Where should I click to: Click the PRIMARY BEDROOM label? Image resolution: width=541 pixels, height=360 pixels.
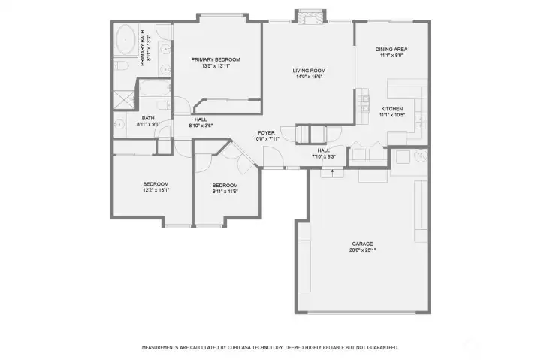point(215,59)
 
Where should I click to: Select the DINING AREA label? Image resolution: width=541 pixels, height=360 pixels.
point(391,50)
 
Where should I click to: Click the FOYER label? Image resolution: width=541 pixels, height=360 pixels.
point(266,132)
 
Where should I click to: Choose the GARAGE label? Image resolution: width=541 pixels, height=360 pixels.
point(363,244)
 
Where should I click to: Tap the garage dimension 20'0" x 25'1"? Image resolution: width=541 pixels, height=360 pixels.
point(363,250)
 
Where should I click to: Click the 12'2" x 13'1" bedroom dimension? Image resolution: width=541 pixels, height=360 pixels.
point(156,190)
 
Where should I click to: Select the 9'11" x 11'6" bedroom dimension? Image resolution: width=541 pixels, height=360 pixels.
point(225,191)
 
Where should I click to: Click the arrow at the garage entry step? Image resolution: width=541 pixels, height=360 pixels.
point(332,172)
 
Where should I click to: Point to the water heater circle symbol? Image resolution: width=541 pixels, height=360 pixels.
point(419,156)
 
